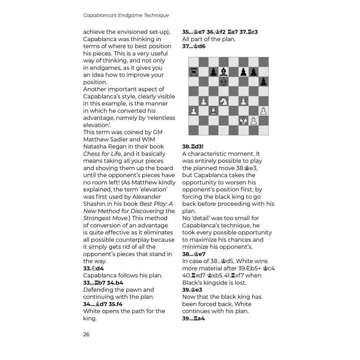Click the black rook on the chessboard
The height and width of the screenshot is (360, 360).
point(193,72)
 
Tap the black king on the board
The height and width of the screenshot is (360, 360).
point(223,81)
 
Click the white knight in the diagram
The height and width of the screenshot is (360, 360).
point(223,101)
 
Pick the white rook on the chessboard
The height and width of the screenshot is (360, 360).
point(213,111)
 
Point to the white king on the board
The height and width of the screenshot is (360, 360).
point(243,120)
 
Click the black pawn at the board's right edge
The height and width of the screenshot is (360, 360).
point(263,81)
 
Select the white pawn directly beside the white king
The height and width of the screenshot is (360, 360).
point(253,120)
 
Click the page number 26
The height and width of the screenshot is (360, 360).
point(87,334)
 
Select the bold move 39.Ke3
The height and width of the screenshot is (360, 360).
point(192,290)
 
